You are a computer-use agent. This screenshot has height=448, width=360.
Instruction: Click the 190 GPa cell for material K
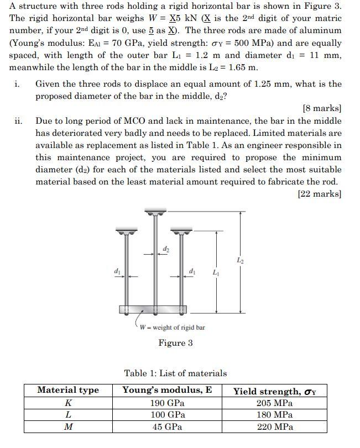point(168,403)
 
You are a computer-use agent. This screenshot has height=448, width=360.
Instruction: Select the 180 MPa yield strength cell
point(275,414)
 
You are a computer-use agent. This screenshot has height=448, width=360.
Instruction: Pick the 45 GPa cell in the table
point(168,426)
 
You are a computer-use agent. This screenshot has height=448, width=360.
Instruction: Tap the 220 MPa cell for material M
point(275,426)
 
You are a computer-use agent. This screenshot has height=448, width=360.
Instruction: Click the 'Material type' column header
point(68,390)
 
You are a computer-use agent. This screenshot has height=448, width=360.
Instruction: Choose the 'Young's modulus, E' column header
point(168,390)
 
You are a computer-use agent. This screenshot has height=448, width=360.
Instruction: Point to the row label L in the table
point(68,414)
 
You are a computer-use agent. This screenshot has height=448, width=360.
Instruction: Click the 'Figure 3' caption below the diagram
point(175,343)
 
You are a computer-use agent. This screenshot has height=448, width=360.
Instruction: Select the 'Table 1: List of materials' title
point(175,373)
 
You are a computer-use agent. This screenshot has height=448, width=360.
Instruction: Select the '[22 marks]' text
point(320,194)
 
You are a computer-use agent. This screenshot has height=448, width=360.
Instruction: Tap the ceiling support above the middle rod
point(154,212)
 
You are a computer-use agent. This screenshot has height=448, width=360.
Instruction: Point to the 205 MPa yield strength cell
point(275,403)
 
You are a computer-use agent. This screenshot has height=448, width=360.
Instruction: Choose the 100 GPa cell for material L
point(168,414)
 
